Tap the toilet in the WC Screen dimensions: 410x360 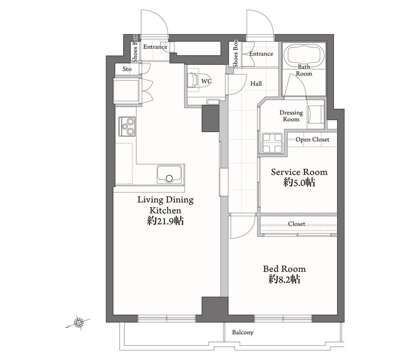click(x=193, y=80)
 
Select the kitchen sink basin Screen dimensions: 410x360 click(x=169, y=174)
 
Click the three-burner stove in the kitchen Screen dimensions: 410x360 click(x=127, y=126)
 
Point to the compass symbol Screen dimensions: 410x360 click(x=78, y=323)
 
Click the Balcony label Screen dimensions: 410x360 click(x=243, y=332)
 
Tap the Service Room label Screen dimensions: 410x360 click(x=299, y=172)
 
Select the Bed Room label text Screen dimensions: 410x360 click(x=284, y=269)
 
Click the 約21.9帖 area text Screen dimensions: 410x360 click(x=165, y=221)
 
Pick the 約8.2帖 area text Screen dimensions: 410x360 click(x=284, y=280)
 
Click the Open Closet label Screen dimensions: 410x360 click(x=312, y=139)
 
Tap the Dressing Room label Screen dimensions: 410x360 click(x=291, y=116)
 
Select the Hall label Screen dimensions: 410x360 click(x=256, y=84)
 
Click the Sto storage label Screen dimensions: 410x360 click(x=127, y=69)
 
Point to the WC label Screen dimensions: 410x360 click(x=206, y=81)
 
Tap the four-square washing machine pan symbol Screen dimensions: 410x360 click(x=272, y=143)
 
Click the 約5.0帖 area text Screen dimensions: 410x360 click(x=299, y=182)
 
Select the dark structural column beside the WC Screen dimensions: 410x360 click(x=211, y=118)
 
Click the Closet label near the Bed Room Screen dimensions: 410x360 click(x=296, y=224)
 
